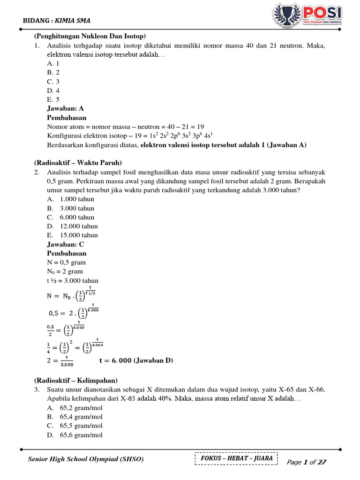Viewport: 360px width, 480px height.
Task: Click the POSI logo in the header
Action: (307, 15)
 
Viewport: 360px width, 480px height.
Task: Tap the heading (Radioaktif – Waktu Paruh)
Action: (78, 163)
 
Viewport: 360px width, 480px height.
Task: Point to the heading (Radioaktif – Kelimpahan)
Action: (76, 380)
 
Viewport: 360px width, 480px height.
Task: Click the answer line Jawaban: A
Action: (65, 108)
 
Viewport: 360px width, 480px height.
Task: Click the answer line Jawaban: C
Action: (66, 244)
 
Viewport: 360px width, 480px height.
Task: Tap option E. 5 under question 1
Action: (53, 99)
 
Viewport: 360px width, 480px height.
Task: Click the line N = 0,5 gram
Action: (66, 262)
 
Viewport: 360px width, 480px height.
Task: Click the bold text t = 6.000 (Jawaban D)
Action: (136, 360)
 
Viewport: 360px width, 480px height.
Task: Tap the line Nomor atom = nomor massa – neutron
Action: (126, 127)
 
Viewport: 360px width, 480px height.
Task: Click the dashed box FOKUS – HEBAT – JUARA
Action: (236, 458)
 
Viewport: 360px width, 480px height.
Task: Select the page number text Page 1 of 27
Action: (306, 462)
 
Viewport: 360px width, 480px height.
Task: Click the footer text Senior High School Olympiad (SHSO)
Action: (86, 459)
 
